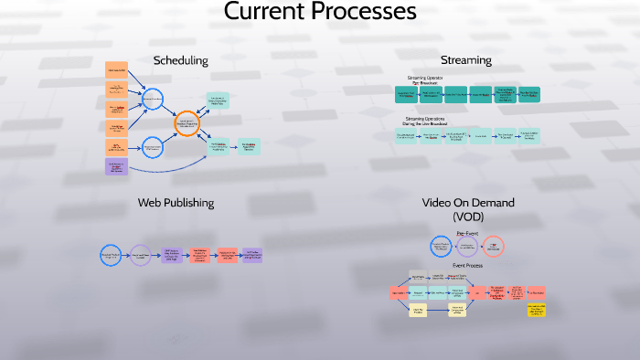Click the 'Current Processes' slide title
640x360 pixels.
coord(320,13)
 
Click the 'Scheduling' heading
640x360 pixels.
coord(180,60)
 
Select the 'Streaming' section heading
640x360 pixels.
coord(465,60)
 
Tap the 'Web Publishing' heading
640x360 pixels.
coord(176,201)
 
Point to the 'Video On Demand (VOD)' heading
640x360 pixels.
coord(468,208)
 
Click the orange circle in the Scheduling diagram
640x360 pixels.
coord(187,123)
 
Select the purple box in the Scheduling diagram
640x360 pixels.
coord(116,166)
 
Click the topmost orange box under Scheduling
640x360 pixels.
coord(116,69)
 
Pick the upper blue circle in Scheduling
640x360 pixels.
coord(153,99)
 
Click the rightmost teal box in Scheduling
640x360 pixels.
coord(248,146)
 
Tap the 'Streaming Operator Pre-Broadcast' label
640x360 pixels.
coord(424,79)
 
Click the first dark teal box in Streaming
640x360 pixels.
coord(405,94)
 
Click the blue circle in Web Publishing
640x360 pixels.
coord(110,255)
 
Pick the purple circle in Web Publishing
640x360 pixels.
coord(140,255)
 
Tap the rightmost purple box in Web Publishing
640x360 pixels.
coord(251,255)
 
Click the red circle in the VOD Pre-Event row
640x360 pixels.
coord(494,247)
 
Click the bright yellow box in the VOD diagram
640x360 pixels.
coord(536,311)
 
